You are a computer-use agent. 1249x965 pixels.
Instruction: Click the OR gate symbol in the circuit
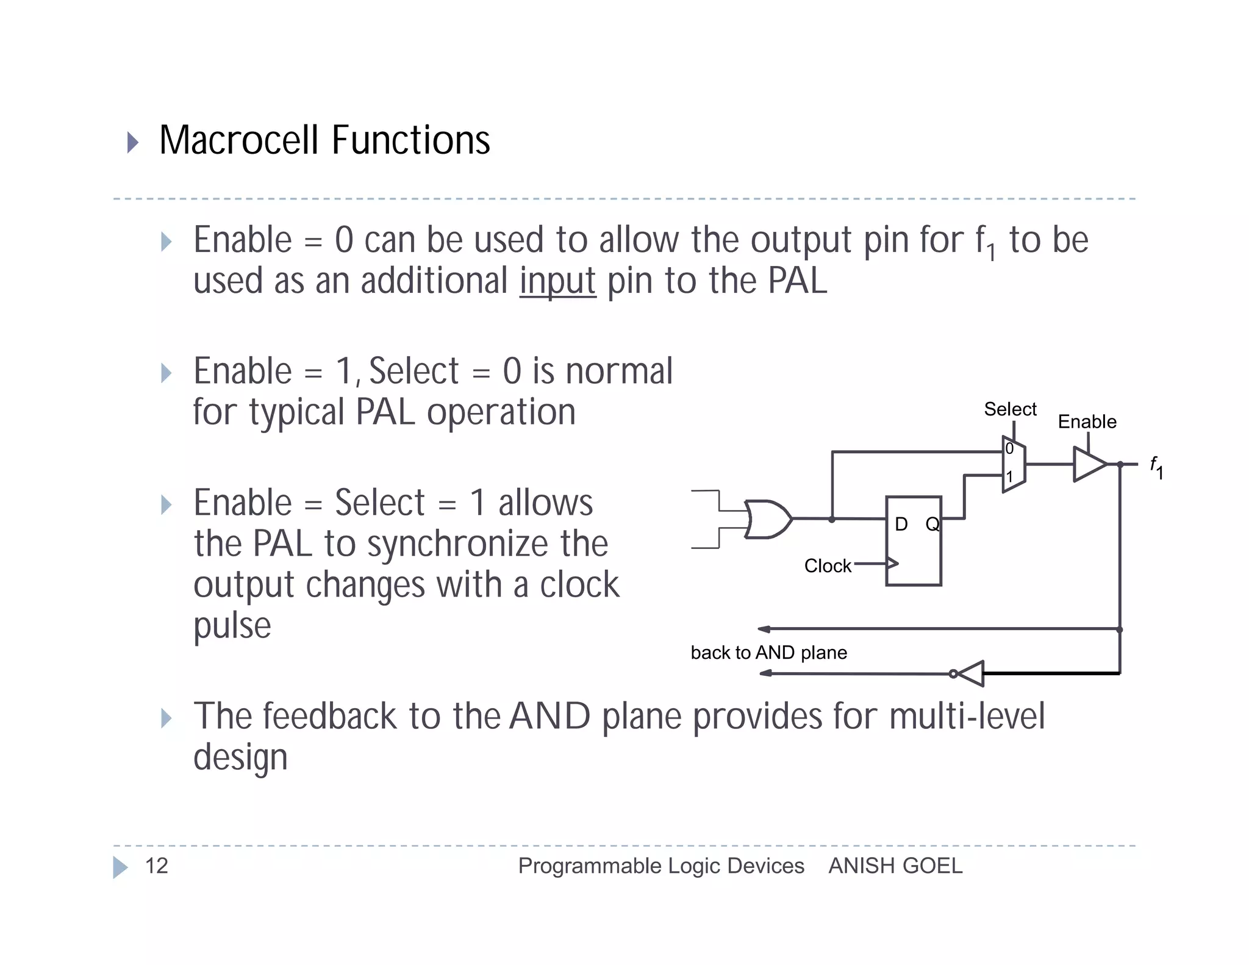coord(767,519)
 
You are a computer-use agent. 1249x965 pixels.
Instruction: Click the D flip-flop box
coord(913,541)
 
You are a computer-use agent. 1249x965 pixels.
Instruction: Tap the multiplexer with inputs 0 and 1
coord(1014,464)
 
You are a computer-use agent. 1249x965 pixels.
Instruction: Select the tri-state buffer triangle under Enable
coord(1089,464)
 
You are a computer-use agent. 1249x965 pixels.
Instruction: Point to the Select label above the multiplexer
coord(1010,409)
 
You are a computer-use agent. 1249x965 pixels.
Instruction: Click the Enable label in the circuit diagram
coord(1087,422)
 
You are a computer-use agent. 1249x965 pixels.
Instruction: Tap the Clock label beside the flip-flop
coord(827,565)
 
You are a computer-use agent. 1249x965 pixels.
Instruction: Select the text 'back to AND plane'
coord(768,653)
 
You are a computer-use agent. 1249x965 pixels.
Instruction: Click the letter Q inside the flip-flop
coord(932,523)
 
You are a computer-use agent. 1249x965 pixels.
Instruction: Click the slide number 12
coord(157,866)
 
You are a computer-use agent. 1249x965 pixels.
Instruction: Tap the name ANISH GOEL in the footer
coord(895,866)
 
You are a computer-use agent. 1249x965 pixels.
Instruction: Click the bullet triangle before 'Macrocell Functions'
coord(132,142)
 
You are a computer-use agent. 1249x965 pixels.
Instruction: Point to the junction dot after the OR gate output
coord(832,519)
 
